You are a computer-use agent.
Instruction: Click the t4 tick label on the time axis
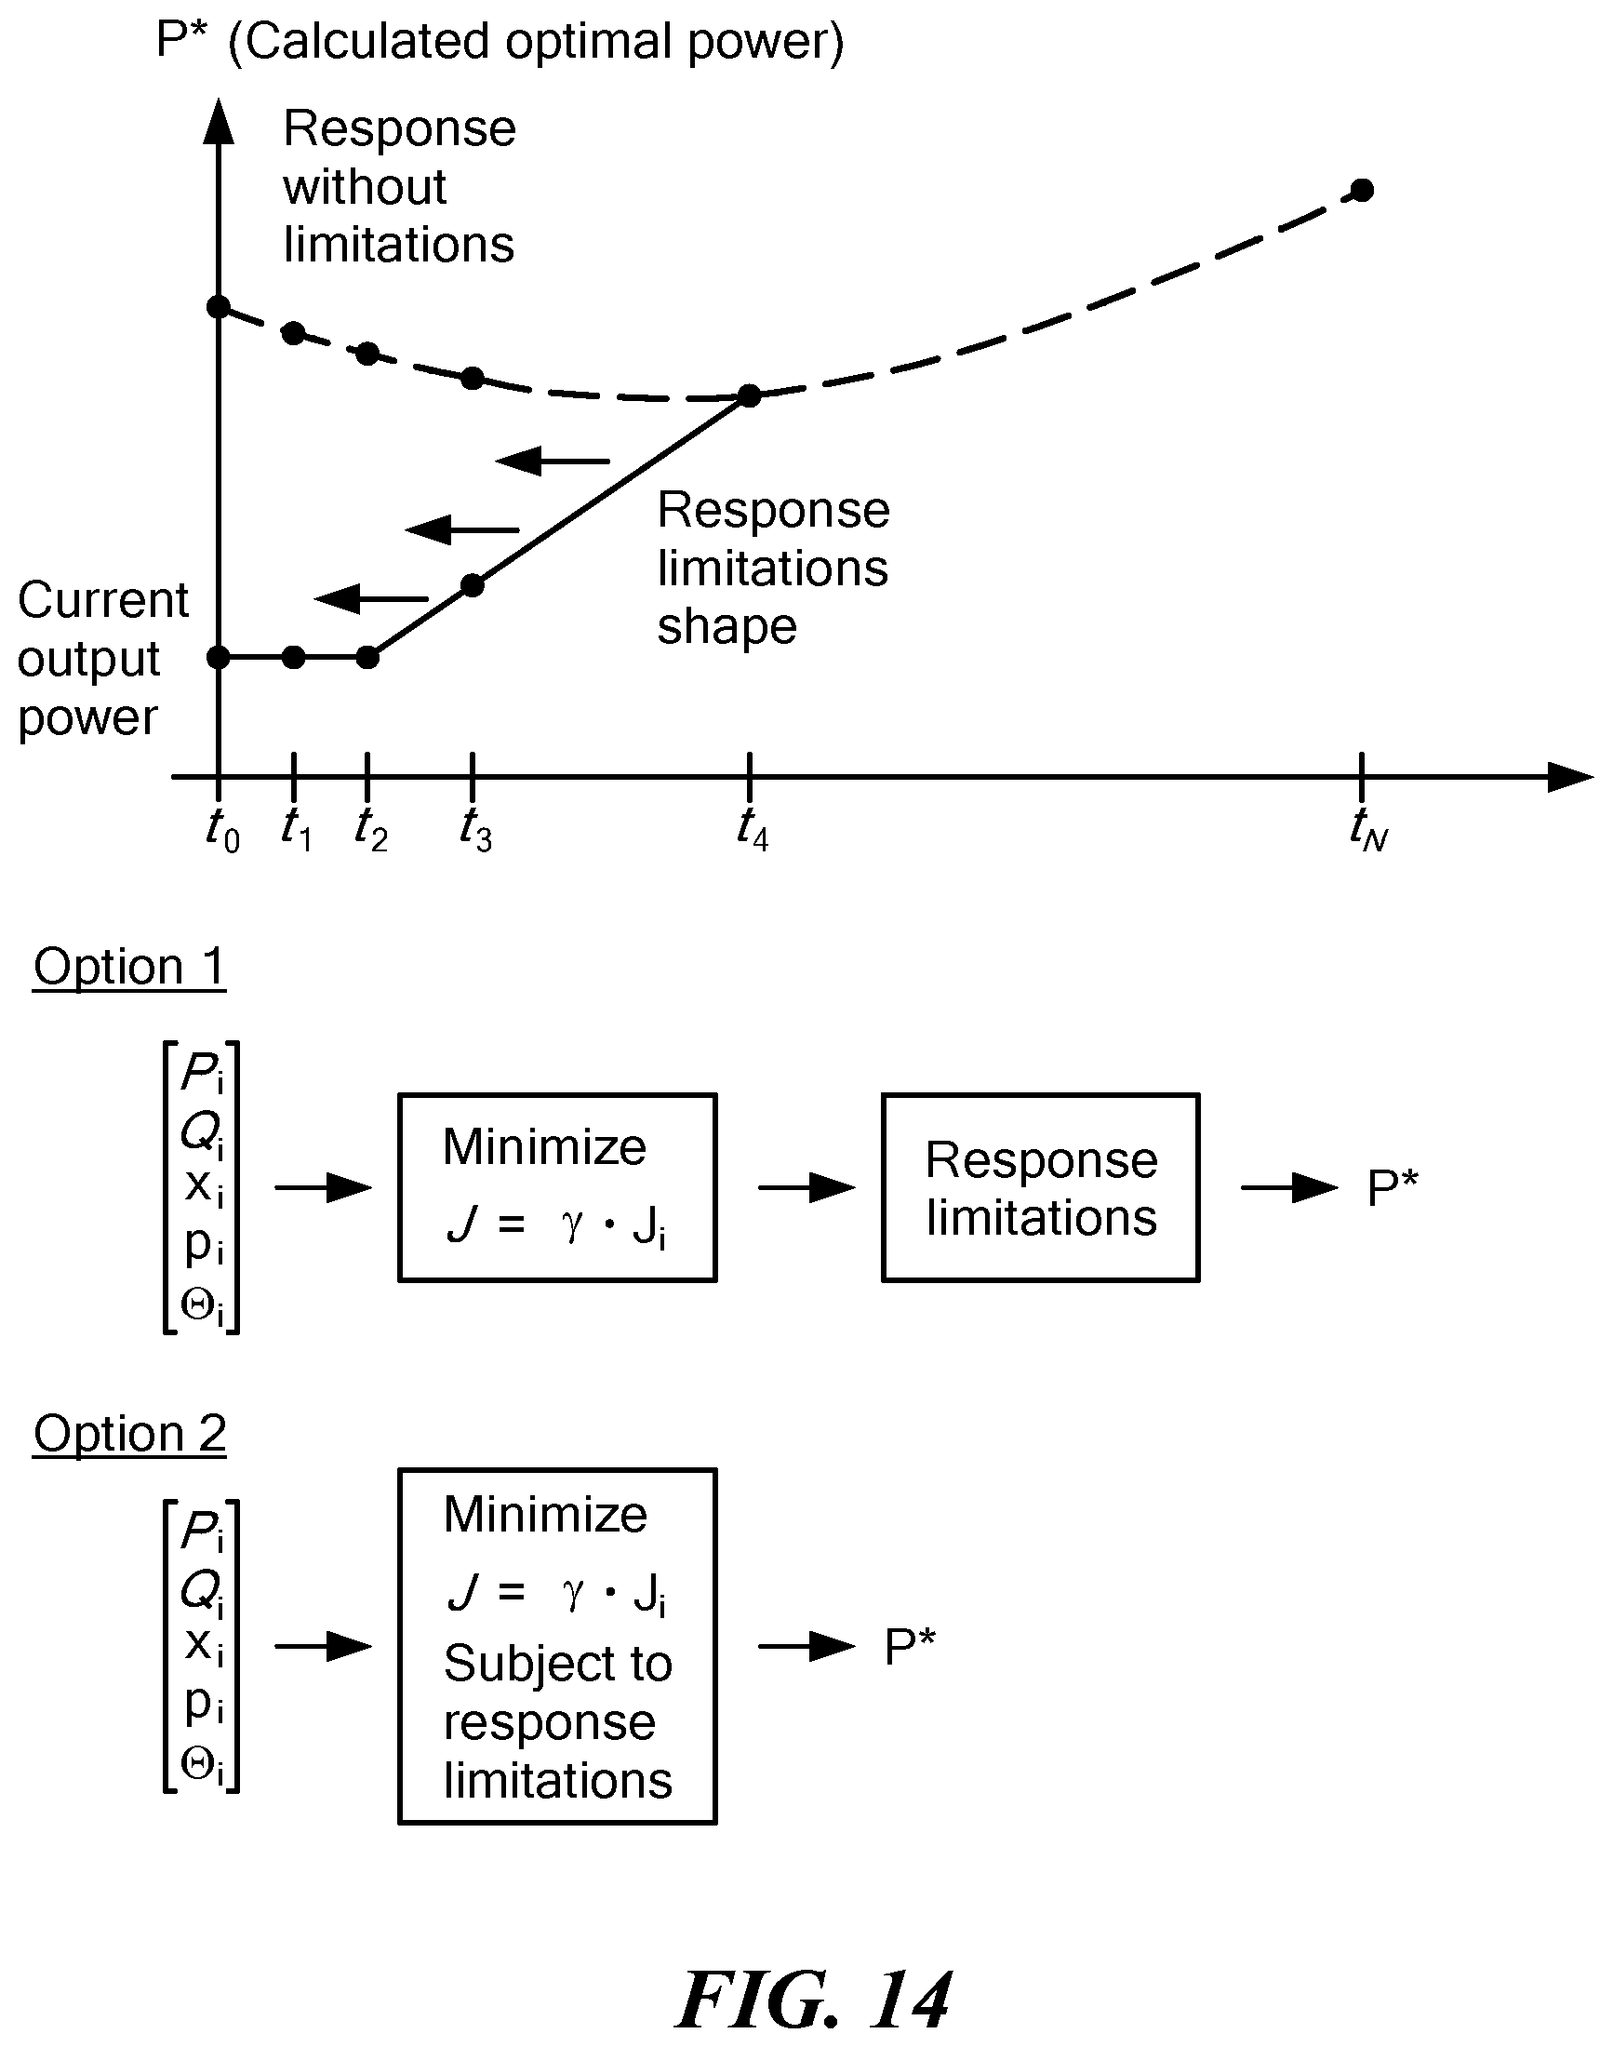click(753, 829)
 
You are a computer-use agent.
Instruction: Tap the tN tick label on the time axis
click(1368, 829)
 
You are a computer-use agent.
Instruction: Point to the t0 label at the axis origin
click(223, 830)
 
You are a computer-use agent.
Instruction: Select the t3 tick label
click(475, 829)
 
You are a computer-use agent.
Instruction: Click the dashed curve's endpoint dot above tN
click(1362, 190)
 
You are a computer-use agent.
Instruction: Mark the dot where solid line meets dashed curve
click(749, 395)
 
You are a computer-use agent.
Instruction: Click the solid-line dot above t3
click(473, 585)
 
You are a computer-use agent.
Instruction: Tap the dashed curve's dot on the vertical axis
click(219, 307)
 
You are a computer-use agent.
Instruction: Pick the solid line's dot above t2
click(368, 658)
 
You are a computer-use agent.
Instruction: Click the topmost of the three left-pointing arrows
click(553, 461)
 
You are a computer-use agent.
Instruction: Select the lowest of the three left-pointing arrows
click(371, 598)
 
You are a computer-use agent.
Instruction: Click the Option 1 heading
click(129, 968)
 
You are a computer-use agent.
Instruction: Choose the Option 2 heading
click(129, 1434)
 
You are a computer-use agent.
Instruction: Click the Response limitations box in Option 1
click(1041, 1187)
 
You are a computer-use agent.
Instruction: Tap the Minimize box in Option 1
click(557, 1187)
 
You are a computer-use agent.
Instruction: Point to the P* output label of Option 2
click(910, 1647)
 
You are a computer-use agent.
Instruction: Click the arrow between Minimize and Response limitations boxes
click(806, 1187)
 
